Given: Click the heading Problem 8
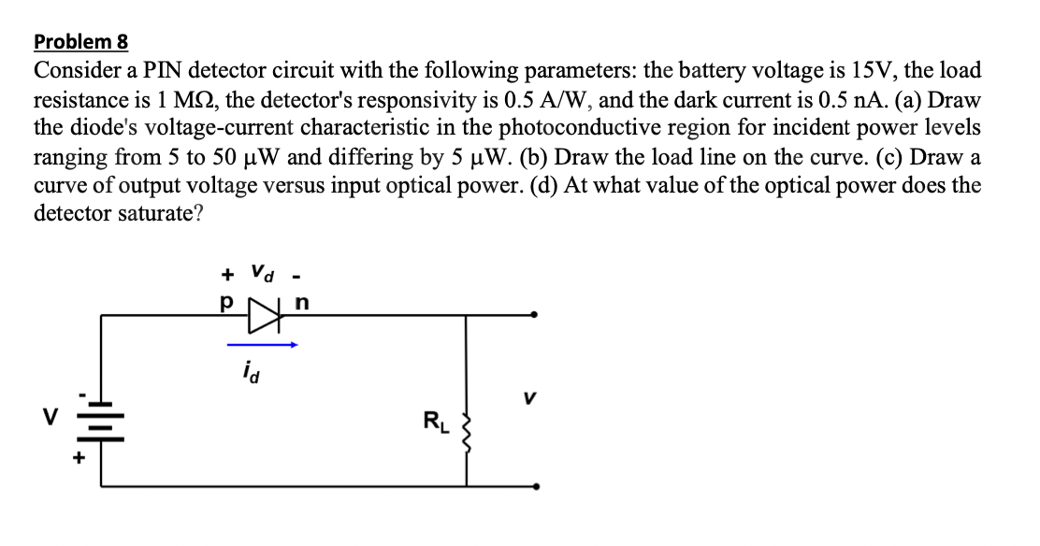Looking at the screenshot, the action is [x=80, y=42].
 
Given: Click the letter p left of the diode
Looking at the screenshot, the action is [x=225, y=303].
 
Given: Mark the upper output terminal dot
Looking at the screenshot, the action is [x=534, y=315].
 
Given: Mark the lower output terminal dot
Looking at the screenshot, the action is [x=534, y=486].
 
